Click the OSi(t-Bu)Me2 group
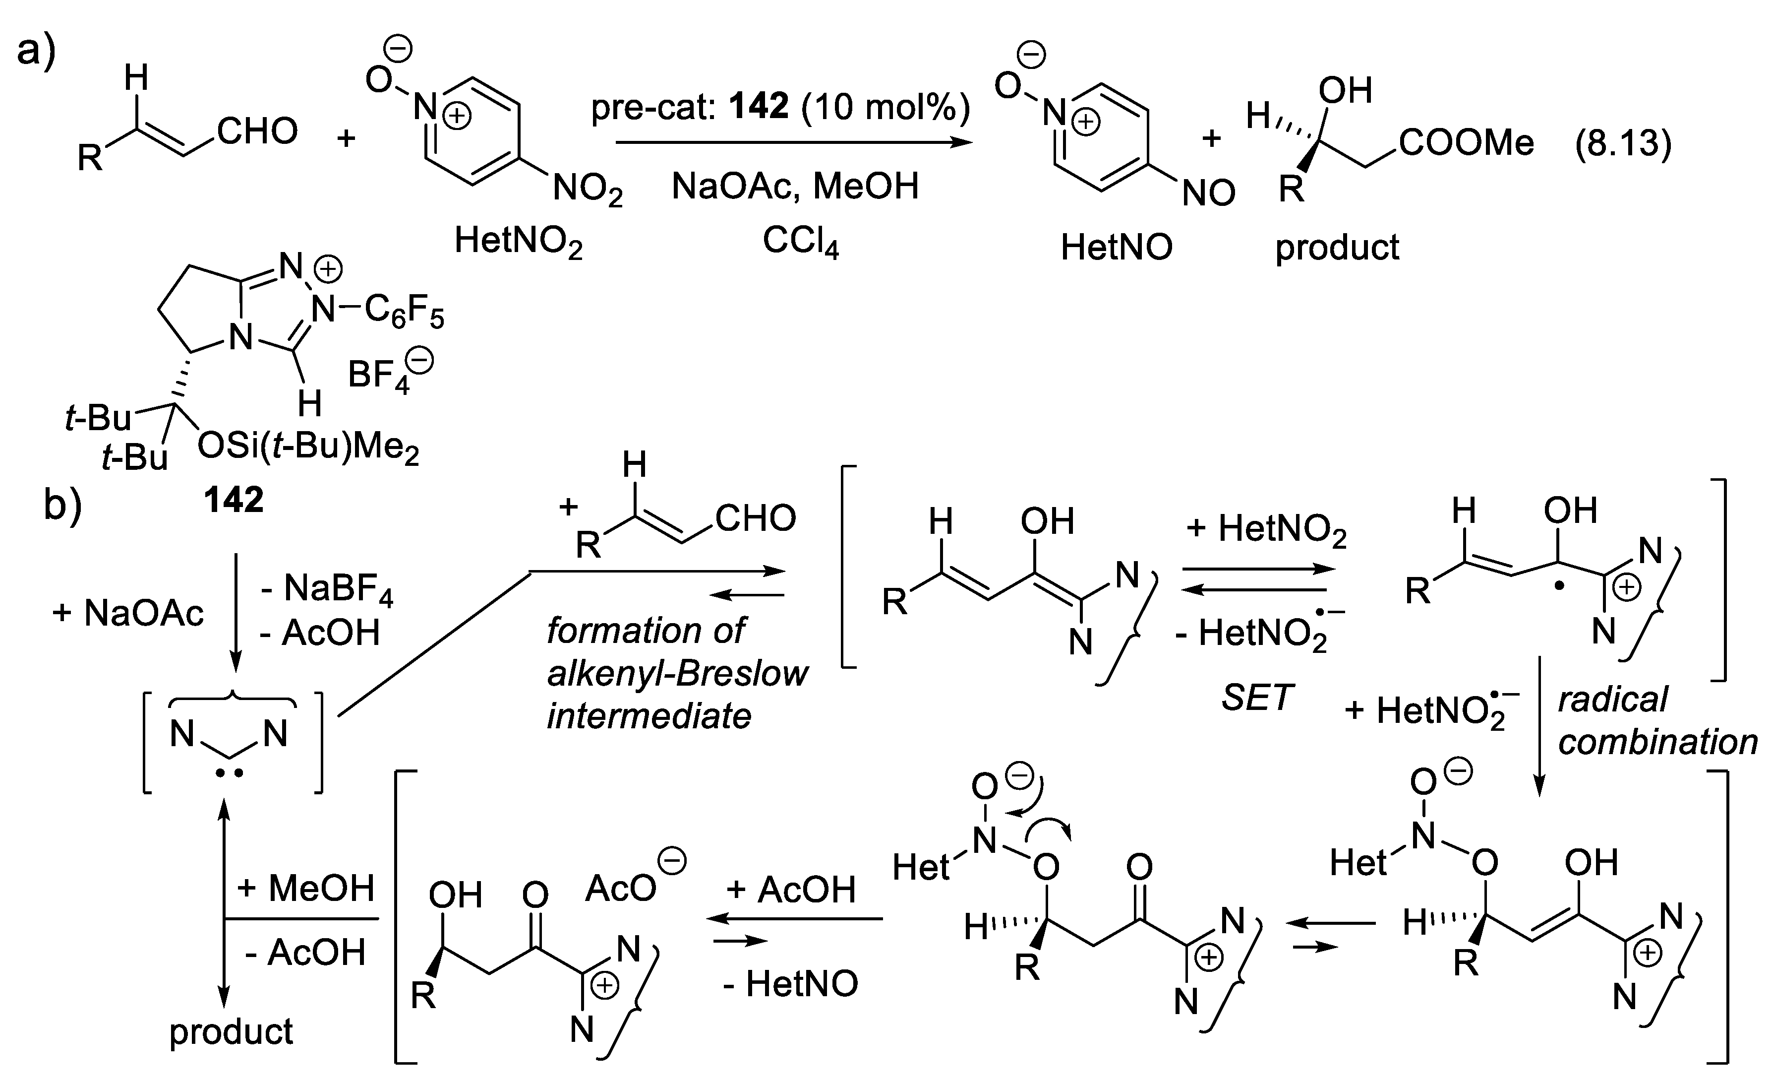click(308, 448)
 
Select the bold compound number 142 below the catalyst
click(233, 499)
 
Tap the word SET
click(1256, 697)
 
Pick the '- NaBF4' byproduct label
click(327, 590)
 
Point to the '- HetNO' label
click(790, 983)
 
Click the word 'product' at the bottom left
click(231, 1031)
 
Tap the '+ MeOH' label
click(305, 889)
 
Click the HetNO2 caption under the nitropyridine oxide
click(518, 242)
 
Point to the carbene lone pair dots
click(230, 774)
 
